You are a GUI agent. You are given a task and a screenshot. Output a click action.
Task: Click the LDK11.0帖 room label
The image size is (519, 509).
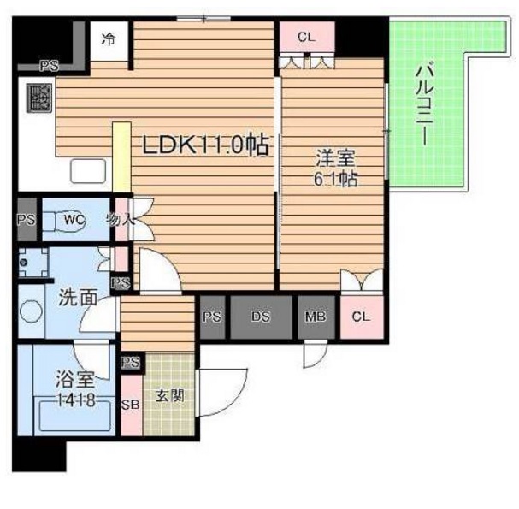tap(204, 145)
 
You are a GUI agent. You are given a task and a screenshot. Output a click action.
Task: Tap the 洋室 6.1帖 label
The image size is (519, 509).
tap(334, 169)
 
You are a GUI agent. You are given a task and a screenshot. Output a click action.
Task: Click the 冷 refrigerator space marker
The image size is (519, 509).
tap(109, 39)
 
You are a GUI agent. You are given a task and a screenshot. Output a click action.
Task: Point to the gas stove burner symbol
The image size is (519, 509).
tap(38, 99)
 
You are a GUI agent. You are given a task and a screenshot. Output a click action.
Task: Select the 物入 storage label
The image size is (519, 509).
tap(121, 219)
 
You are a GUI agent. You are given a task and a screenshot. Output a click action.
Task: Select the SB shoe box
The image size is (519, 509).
tap(132, 405)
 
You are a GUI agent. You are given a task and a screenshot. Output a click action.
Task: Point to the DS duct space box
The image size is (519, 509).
tap(261, 317)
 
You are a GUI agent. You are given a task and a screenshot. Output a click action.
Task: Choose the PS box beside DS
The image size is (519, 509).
tap(212, 317)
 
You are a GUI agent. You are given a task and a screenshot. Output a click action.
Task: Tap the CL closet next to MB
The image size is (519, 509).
tap(361, 317)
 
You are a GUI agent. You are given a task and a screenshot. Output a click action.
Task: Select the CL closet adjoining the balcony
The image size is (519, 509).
tap(305, 37)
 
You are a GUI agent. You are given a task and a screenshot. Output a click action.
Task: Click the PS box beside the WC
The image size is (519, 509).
tap(26, 220)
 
